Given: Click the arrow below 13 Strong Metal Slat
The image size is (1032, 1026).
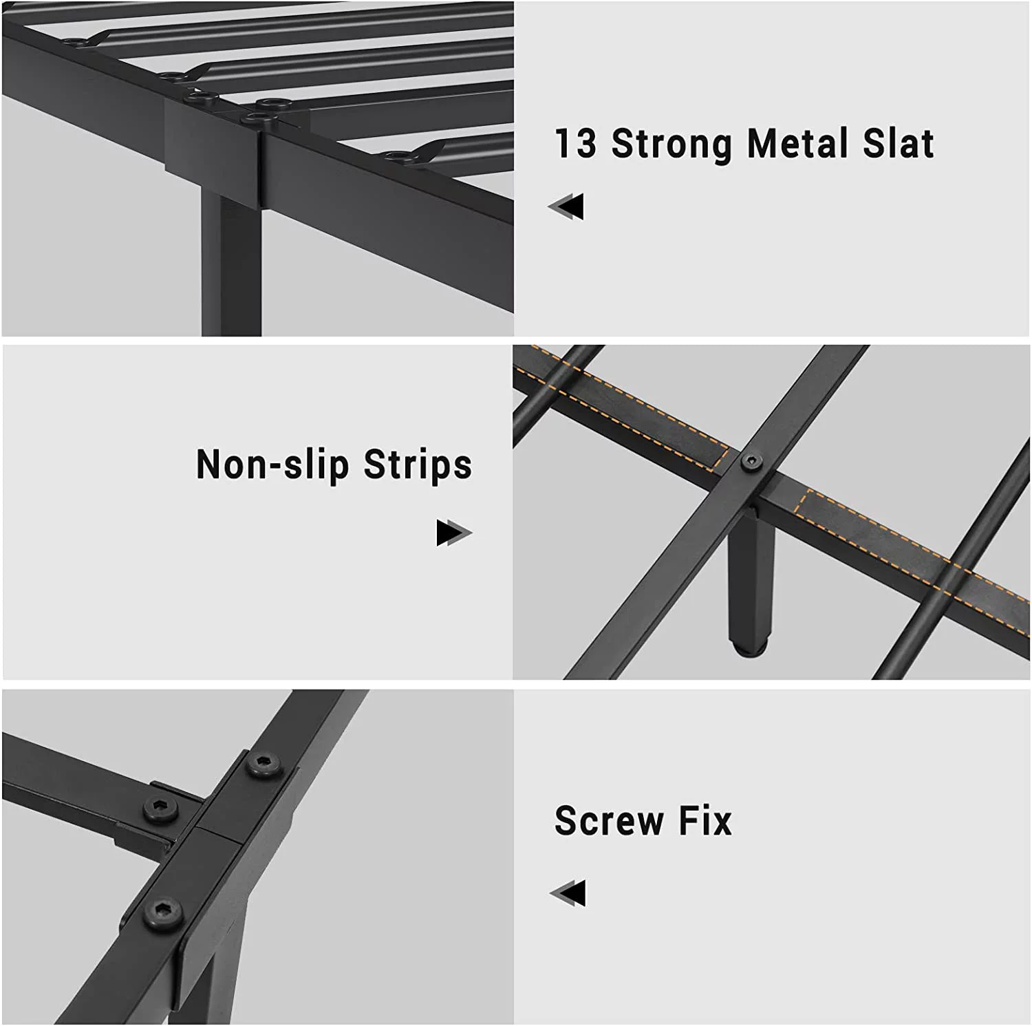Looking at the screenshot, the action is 566,206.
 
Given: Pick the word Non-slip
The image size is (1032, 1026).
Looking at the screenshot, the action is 273,466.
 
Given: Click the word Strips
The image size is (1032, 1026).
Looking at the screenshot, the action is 418,464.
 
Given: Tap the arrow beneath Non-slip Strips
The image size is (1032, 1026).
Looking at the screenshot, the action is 454,533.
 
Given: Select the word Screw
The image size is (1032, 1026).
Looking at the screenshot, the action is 610,820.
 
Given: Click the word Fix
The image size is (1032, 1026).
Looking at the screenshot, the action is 706,820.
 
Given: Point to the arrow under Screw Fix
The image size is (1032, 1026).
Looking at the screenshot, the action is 568,893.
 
